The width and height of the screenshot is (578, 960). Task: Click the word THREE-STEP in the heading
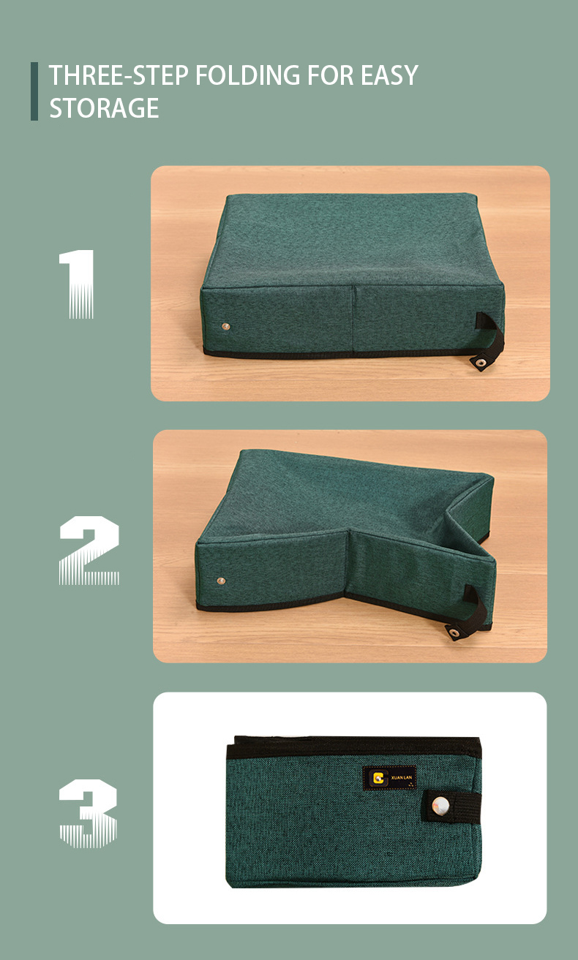(119, 75)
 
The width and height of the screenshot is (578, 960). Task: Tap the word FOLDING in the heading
(248, 75)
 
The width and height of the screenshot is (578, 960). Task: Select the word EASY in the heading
(389, 75)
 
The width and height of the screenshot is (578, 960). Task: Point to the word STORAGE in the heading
(104, 107)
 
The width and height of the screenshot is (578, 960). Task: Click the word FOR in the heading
(331, 75)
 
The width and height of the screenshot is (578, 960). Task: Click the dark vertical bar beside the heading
(34, 91)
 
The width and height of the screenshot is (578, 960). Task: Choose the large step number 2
(89, 551)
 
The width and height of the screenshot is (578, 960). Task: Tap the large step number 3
(89, 814)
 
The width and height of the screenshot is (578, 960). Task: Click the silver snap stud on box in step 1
(225, 327)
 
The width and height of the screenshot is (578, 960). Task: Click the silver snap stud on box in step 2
(221, 581)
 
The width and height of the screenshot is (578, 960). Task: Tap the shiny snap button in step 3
(440, 806)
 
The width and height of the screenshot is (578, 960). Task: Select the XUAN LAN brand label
(389, 778)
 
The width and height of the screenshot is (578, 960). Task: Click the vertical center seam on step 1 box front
(353, 319)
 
